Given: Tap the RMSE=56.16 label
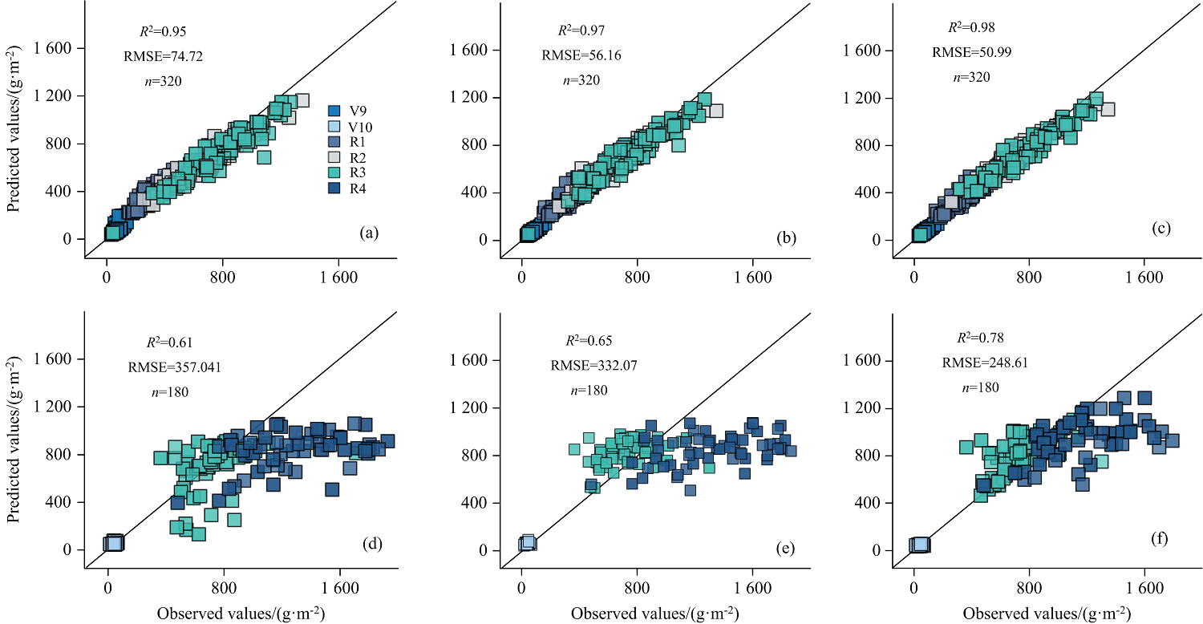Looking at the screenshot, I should click(581, 56).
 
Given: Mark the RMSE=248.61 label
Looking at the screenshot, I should click(985, 363).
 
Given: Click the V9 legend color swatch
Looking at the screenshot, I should click(336, 110).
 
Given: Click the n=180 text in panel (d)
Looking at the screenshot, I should click(164, 393).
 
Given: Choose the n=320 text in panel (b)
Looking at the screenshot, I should click(581, 80).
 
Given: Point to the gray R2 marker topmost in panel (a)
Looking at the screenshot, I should click(302, 101).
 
